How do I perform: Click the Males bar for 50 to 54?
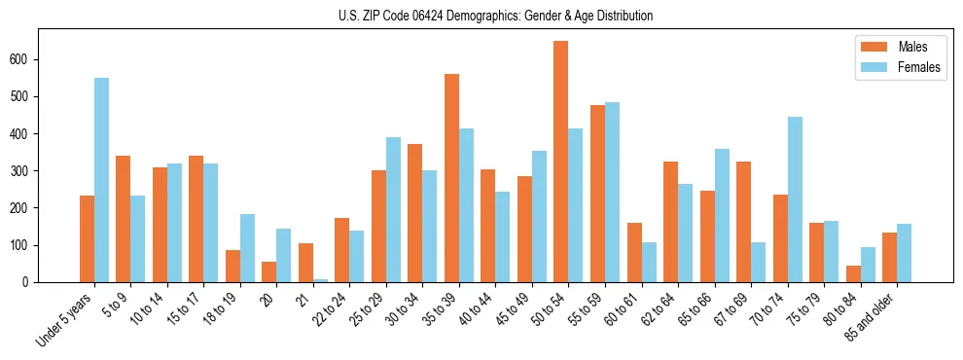click(561, 162)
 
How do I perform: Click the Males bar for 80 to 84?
click(853, 273)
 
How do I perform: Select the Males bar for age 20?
click(269, 271)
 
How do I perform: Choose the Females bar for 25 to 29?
click(393, 209)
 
